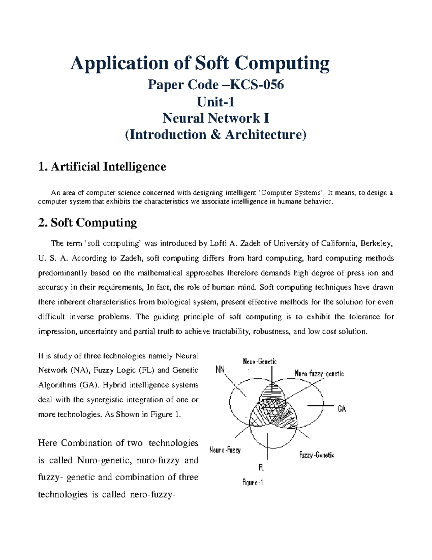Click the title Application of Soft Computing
click(x=200, y=63)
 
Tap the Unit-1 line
click(x=216, y=102)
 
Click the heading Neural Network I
click(x=216, y=118)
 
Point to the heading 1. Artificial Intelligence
click(x=102, y=167)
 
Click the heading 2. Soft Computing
click(x=87, y=222)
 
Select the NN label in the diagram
click(x=220, y=370)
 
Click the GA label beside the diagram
click(x=342, y=409)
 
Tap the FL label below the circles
click(x=261, y=468)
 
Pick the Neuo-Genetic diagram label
click(x=260, y=361)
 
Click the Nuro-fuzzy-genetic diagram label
click(x=319, y=374)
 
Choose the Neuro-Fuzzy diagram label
click(x=225, y=450)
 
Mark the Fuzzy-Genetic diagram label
click(x=316, y=455)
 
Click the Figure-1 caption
click(x=252, y=482)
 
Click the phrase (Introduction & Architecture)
click(x=216, y=135)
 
